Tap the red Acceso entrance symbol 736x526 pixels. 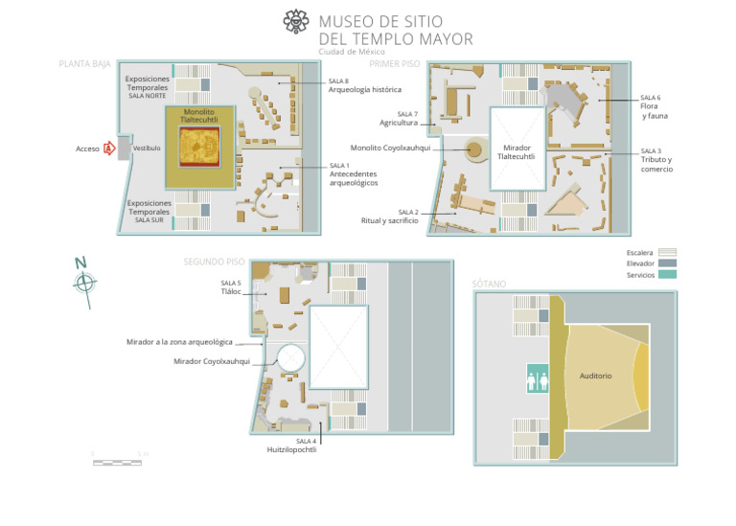(x=109, y=149)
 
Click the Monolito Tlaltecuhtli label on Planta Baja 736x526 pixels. (x=199, y=116)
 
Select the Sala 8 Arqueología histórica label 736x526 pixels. (x=364, y=86)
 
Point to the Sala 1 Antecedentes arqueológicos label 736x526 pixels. (x=353, y=173)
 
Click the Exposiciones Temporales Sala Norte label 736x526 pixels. (x=148, y=86)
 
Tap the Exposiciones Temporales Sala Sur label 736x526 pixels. (x=149, y=211)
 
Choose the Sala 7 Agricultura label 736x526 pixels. (x=399, y=119)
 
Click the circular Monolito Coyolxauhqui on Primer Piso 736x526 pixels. (x=473, y=149)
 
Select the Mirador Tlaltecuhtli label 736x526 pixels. (x=516, y=152)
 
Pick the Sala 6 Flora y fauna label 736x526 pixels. (x=654, y=106)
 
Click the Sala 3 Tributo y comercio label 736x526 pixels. (x=655, y=160)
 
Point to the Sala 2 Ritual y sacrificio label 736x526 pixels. (x=390, y=217)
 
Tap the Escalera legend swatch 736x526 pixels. (x=667, y=253)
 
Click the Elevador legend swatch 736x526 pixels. (x=667, y=263)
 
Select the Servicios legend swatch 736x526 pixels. (x=667, y=275)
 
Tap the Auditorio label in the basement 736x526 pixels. (x=595, y=376)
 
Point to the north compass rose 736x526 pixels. (x=84, y=282)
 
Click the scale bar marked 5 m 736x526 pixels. (x=117, y=462)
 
